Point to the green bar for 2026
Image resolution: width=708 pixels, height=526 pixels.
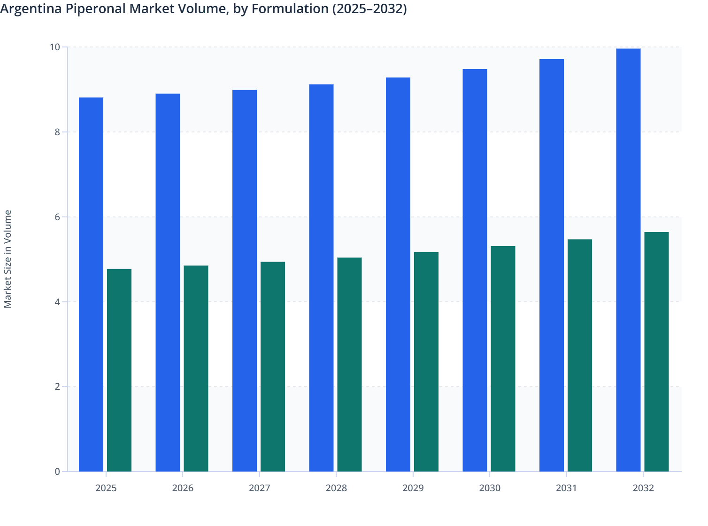click(x=196, y=368)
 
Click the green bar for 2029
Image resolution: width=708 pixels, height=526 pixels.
click(x=426, y=362)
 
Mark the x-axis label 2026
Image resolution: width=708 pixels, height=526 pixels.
click(x=183, y=488)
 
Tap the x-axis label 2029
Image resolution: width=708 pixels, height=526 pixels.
click(x=413, y=488)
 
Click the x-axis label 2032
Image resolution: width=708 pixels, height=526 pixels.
click(x=643, y=488)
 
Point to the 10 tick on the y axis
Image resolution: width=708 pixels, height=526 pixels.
click(x=55, y=47)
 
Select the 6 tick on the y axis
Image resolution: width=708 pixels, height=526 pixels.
click(x=57, y=217)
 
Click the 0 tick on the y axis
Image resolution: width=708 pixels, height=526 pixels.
click(x=57, y=472)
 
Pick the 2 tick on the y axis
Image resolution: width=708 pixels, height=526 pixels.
click(x=57, y=387)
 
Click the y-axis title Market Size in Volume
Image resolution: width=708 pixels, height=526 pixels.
click(x=8, y=259)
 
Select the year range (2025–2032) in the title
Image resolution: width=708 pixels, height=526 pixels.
click(x=369, y=8)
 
